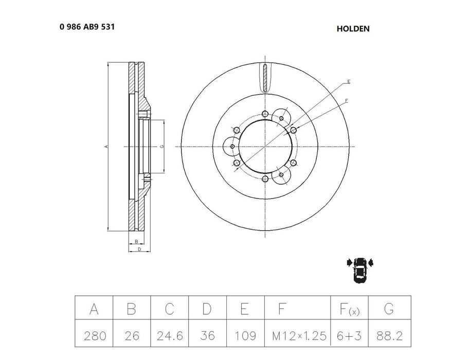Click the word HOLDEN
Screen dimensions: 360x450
[353, 29]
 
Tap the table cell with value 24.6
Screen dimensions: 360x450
[169, 336]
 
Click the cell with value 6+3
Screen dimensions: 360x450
[350, 336]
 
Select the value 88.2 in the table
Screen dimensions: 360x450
[389, 336]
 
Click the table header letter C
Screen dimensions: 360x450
[169, 309]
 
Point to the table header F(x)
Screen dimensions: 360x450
[350, 309]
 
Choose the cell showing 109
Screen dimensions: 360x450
[245, 336]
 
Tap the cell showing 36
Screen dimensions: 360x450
[207, 336]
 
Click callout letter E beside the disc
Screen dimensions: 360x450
[348, 82]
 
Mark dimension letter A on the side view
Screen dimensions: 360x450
[105, 147]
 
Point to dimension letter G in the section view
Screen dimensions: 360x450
[161, 147]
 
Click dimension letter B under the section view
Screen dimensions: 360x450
[135, 241]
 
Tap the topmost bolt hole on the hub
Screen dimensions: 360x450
[264, 114]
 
